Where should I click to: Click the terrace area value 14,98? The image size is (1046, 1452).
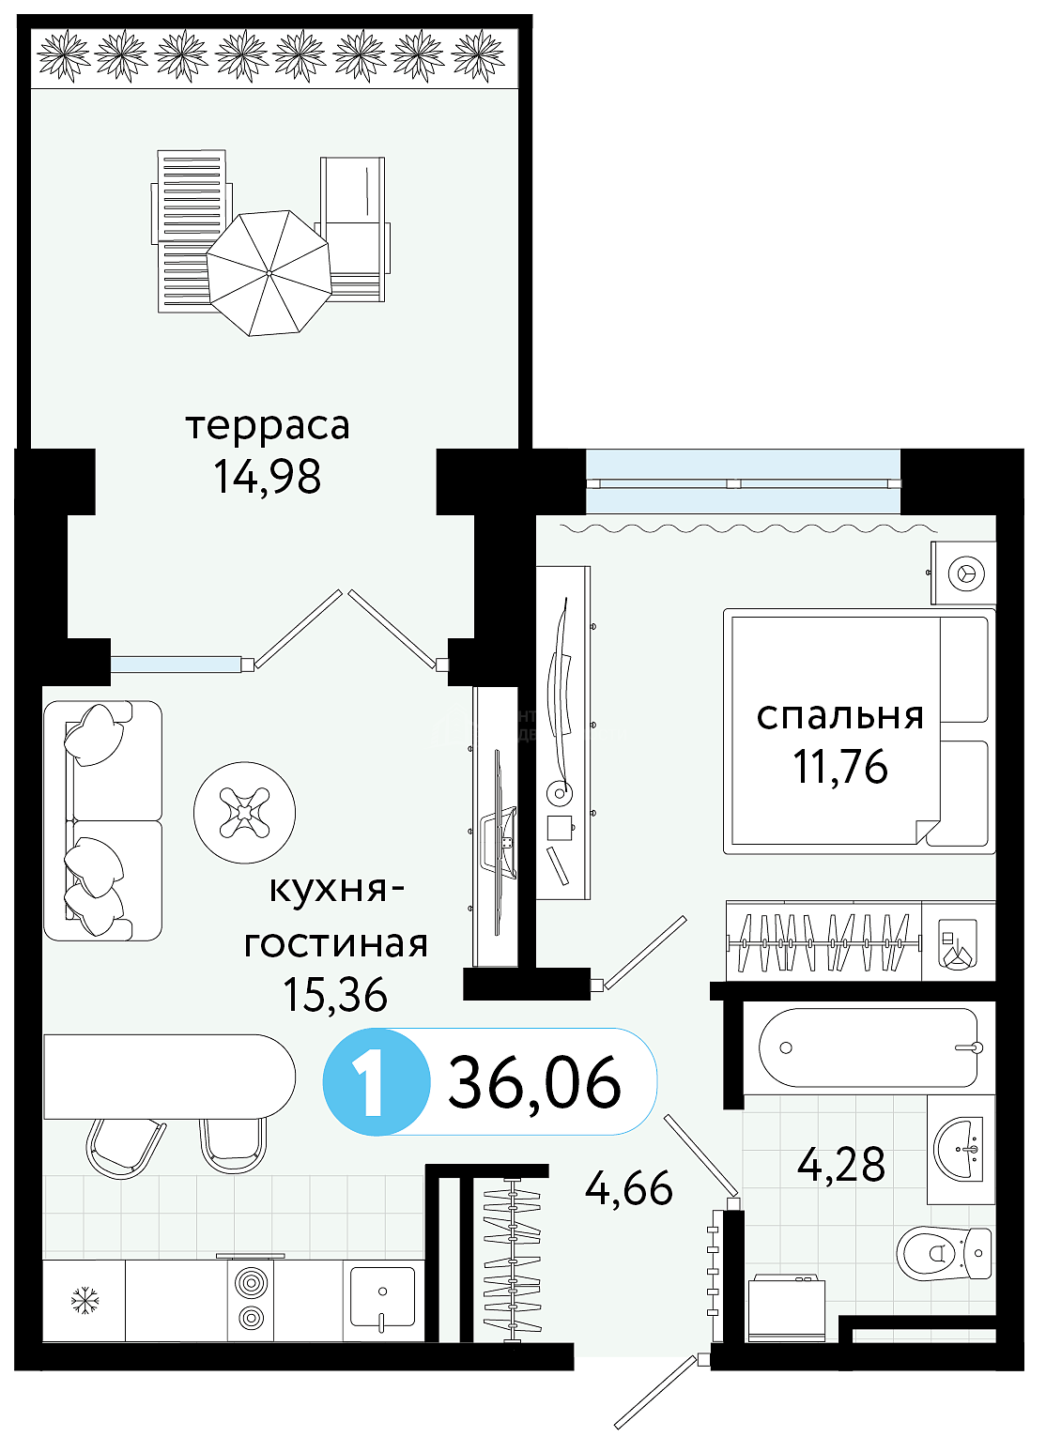coord(268,477)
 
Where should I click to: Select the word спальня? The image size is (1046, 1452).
coord(840,715)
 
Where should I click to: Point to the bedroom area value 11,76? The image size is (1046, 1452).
coord(840,767)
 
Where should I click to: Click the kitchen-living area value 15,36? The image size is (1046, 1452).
coord(335,994)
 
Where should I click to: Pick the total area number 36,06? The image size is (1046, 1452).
coord(534,1082)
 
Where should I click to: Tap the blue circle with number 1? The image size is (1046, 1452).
coord(377,1082)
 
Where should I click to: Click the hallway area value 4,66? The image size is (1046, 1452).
coord(628,1188)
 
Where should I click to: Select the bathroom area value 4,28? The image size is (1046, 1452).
coord(841,1165)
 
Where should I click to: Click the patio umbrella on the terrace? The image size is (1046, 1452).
coord(269,273)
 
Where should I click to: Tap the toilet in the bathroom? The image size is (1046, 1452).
coord(946,1253)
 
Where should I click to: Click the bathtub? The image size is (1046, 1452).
coord(869,1047)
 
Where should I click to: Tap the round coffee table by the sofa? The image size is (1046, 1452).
coord(244,812)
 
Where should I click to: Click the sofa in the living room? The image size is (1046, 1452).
coord(102,820)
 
